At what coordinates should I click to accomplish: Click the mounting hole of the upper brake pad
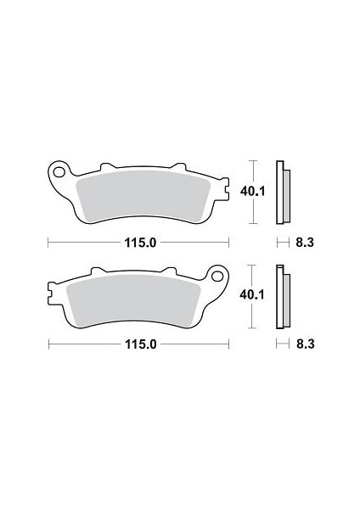59,172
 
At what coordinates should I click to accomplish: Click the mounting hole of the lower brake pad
217,277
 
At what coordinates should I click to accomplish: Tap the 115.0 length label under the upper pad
141,243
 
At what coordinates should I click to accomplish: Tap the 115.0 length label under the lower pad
141,344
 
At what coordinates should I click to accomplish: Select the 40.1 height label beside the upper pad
253,192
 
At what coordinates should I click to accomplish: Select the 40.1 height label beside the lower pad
252,294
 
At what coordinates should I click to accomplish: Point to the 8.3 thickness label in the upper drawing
305,243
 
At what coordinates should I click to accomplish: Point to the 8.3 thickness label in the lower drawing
306,344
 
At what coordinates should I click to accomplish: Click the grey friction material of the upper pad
143,196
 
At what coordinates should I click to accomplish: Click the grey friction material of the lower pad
133,300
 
